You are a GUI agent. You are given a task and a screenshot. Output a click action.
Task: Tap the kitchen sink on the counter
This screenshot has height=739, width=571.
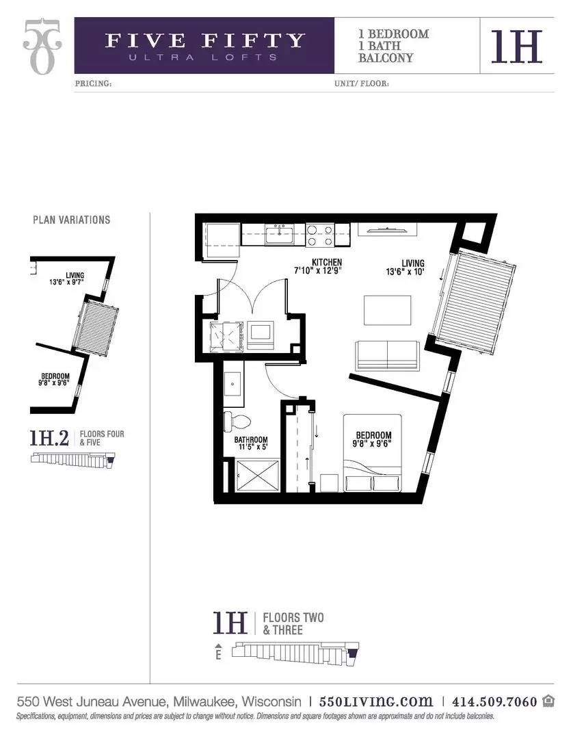coord(279,234)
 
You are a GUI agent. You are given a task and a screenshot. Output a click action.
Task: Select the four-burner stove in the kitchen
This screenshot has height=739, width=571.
coord(319,235)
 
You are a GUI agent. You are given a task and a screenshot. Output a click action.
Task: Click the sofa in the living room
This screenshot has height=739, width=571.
coord(387,355)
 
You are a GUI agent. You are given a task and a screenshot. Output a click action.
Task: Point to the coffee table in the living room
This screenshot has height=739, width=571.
coord(387,310)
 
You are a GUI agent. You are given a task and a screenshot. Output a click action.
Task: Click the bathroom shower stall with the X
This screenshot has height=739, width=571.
coord(257,476)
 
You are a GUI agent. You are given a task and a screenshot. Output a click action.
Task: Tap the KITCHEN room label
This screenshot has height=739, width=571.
coord(326,262)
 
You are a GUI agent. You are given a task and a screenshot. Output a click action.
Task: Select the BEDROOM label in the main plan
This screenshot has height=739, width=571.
coord(373,435)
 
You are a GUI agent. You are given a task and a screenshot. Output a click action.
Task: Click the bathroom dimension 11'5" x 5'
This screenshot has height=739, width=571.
coord(252,447)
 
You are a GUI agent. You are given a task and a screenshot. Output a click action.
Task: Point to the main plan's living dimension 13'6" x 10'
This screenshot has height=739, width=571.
coord(405,272)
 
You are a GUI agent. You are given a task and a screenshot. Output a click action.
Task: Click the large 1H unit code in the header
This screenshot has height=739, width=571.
coord(516,47)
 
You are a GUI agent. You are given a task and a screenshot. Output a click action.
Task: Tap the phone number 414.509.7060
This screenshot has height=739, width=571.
coord(494,702)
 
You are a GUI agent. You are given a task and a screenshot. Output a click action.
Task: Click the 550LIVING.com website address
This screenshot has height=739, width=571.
coord(375,701)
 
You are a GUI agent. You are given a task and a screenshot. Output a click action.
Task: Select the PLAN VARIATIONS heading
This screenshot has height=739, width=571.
coord(72,220)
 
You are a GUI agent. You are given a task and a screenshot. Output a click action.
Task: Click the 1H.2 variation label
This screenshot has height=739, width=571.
coord(49,438)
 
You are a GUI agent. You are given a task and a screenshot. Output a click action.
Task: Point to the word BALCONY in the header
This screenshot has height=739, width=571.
coord(386,58)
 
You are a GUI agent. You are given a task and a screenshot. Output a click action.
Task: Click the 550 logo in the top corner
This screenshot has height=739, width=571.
coord(42,47)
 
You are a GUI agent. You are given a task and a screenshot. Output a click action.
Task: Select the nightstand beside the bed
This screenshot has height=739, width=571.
coord(330,483)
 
